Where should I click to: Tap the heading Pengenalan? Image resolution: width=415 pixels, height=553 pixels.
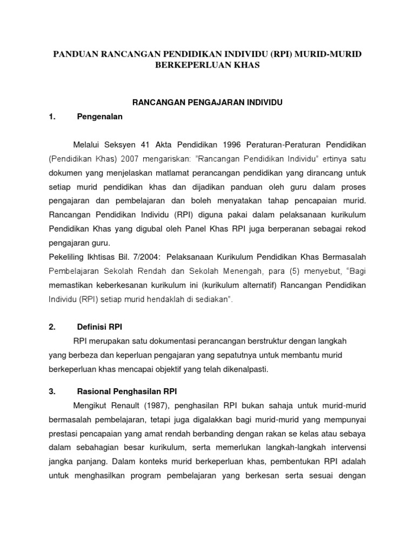(x=100, y=116)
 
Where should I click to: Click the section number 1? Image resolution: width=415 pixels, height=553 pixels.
(x=52, y=116)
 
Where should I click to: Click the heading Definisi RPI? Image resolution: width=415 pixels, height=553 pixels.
(x=101, y=327)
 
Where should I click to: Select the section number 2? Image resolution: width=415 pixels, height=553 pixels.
(x=52, y=327)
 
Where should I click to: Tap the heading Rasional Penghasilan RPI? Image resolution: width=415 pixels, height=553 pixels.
(x=127, y=391)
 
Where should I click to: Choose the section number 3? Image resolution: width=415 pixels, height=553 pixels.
(x=52, y=391)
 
